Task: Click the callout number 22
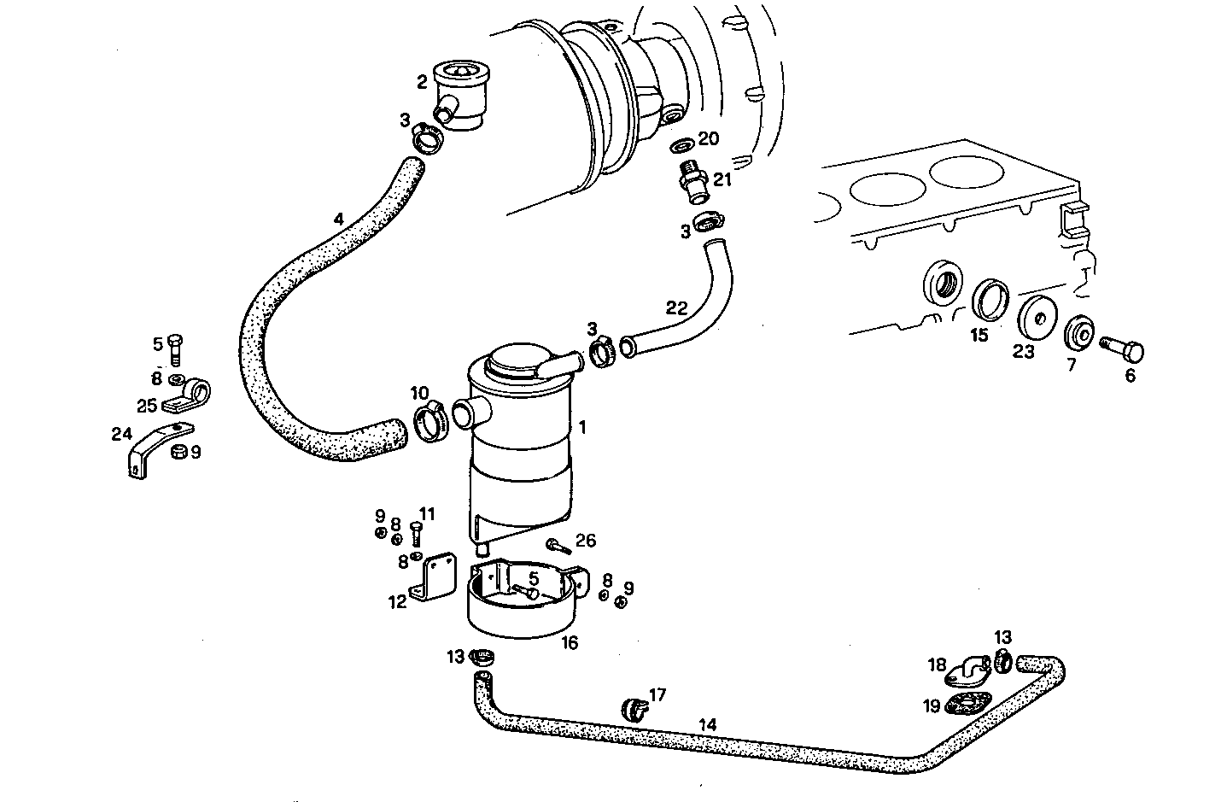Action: (x=676, y=308)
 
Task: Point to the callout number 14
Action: (x=707, y=724)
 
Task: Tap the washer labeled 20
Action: (x=683, y=142)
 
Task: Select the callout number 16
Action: (x=569, y=642)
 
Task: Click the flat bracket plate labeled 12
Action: (x=431, y=579)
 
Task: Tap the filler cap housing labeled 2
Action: (x=459, y=97)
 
